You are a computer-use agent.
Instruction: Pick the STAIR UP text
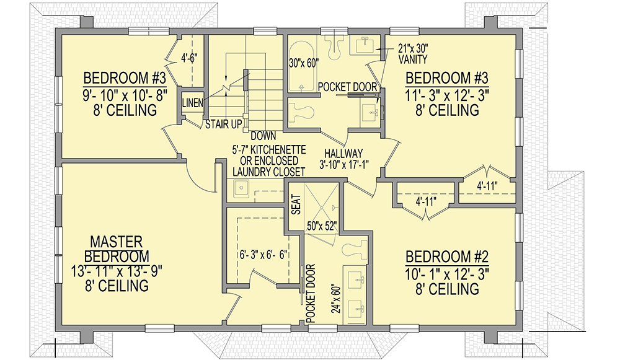[224, 125]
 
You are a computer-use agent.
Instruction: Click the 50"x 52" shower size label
[321, 226]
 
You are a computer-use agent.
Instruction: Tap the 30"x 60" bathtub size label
[303, 63]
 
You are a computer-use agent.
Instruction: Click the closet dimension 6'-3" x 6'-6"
[262, 254]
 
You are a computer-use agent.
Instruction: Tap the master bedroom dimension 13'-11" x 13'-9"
[117, 271]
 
